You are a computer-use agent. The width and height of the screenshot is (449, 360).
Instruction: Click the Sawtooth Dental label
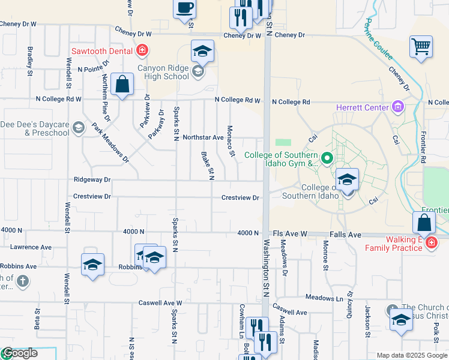(101, 51)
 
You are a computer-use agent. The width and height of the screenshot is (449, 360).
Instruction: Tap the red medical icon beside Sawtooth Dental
(142, 50)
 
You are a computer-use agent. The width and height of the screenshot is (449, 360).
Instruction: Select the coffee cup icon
(185, 8)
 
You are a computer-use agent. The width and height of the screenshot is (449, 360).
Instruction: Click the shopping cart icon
(421, 46)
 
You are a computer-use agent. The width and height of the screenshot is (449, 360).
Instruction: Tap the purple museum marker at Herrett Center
(397, 107)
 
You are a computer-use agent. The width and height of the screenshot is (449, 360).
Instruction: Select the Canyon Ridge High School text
(163, 72)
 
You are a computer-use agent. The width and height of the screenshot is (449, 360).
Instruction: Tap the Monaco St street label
(231, 142)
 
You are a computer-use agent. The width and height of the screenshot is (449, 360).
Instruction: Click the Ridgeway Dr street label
(92, 179)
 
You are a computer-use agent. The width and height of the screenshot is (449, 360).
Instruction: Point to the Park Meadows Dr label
(110, 143)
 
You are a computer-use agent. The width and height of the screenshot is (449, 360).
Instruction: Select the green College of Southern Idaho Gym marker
(327, 159)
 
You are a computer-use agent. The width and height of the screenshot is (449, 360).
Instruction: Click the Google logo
(19, 353)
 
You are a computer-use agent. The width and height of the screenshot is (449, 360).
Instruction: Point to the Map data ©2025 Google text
(411, 355)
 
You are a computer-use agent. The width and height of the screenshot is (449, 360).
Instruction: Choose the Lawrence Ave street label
(31, 247)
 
